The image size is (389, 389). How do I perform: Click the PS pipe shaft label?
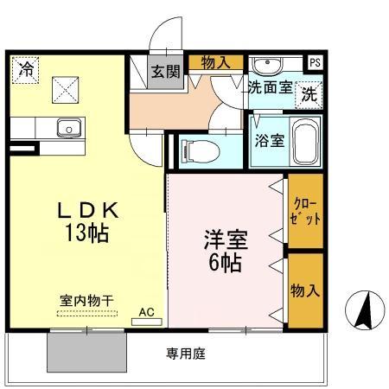click(x=316, y=62)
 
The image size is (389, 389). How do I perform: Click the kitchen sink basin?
click(x=67, y=129)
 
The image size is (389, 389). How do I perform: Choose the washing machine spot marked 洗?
click(x=308, y=96)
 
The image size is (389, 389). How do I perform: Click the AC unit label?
click(x=146, y=311)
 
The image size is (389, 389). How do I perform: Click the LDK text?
click(x=85, y=210)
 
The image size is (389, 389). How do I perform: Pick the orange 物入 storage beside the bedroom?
click(x=305, y=289)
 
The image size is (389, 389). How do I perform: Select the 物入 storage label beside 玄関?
click(x=216, y=61)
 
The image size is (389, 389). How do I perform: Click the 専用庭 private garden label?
click(x=186, y=354)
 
